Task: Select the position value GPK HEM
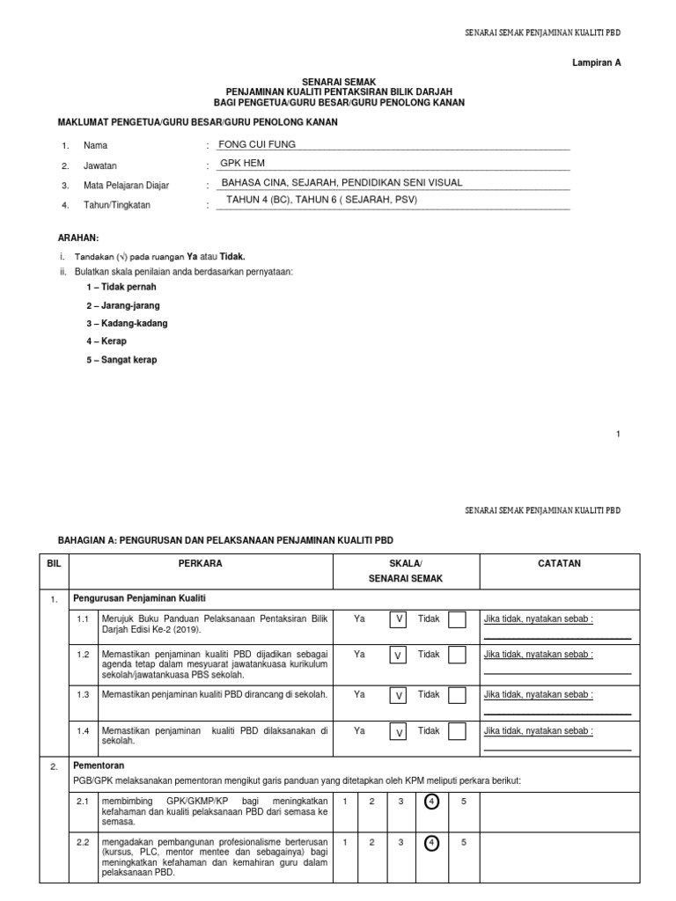(x=242, y=163)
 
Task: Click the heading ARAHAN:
(x=78, y=238)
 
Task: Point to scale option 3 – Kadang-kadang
(x=127, y=323)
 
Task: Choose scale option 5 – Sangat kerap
(x=121, y=360)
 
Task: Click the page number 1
(x=619, y=434)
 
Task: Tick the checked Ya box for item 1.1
(x=399, y=619)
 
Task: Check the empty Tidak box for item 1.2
(x=457, y=656)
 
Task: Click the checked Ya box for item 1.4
(x=399, y=731)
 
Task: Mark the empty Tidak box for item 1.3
(x=457, y=695)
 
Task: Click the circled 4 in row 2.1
(x=431, y=802)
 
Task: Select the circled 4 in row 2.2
(x=431, y=842)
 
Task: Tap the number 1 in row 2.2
(x=345, y=842)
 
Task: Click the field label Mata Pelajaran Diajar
(x=126, y=186)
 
